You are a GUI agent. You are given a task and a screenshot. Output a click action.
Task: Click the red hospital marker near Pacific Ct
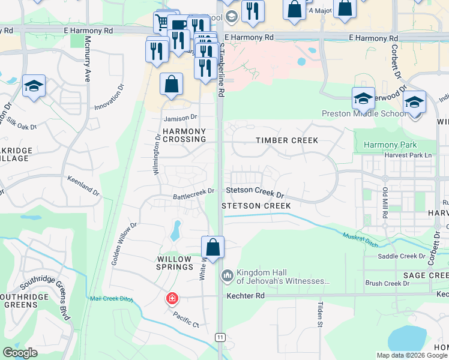click(x=172, y=298)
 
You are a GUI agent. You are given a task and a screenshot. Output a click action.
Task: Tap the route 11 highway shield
click(x=221, y=337)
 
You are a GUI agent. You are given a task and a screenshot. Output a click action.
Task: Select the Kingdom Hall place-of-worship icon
click(x=227, y=275)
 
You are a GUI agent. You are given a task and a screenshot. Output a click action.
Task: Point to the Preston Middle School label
click(x=364, y=113)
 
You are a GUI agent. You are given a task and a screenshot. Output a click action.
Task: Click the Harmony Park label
click(x=390, y=145)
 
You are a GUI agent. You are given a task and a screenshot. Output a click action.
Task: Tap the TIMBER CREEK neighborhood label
click(x=286, y=140)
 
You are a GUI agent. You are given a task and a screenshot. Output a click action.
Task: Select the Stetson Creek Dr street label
click(x=255, y=193)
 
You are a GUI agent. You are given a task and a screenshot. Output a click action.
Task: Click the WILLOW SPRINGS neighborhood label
click(x=175, y=263)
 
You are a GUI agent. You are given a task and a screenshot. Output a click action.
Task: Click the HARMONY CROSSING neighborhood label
click(x=184, y=135)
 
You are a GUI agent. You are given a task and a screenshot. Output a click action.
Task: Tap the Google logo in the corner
click(x=20, y=353)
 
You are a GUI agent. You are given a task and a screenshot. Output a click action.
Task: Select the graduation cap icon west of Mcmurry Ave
click(x=34, y=87)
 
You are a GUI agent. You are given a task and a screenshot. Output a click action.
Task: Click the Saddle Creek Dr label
click(x=401, y=256)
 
